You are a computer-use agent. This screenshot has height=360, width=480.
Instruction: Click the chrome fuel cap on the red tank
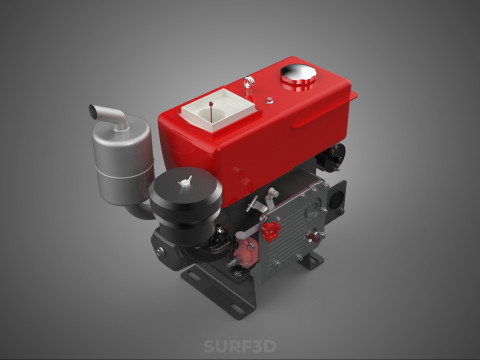[298, 74]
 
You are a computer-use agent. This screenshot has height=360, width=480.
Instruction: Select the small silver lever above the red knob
[259, 207]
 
